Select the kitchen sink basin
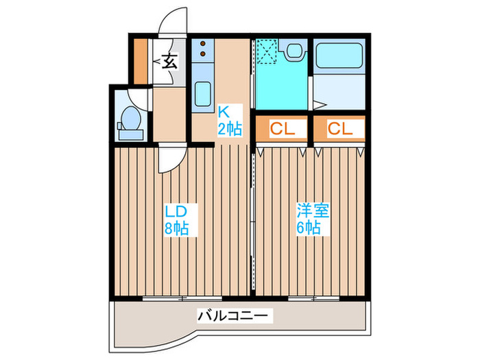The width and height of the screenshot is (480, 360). [202, 94]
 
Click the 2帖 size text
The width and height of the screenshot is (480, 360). [229, 128]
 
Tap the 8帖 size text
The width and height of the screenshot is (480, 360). [176, 230]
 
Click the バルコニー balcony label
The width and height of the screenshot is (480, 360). [235, 317]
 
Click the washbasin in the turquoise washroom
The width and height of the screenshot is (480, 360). [295, 51]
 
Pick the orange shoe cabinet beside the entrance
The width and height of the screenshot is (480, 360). [140, 60]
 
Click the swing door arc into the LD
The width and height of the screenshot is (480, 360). [168, 161]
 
